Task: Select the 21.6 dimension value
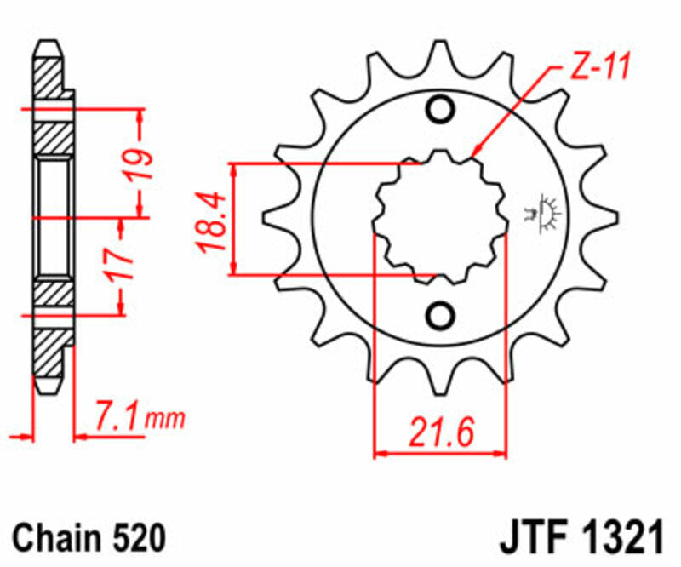point(441,432)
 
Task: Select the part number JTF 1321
point(578,538)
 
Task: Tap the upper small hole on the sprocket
point(441,111)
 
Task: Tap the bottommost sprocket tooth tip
point(441,390)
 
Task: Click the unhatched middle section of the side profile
point(54,216)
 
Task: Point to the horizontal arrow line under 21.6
point(441,453)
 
